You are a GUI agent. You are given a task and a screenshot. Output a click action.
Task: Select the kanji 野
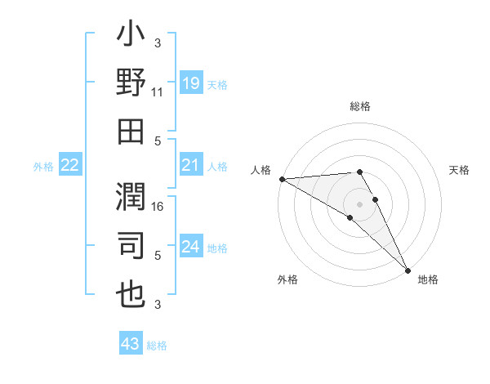tap(131, 83)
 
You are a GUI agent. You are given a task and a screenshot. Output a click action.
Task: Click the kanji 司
tap(131, 245)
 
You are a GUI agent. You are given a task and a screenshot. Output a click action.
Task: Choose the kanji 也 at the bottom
tap(131, 292)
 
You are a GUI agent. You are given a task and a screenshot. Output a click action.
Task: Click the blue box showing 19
tap(190, 83)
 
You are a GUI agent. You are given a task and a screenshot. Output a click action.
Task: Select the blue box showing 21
tap(190, 166)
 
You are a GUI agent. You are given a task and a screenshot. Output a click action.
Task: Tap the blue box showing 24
tap(190, 247)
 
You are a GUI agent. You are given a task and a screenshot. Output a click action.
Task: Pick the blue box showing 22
tap(69, 166)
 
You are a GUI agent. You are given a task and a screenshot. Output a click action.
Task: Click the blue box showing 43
tap(130, 344)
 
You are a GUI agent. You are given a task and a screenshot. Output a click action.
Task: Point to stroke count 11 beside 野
tap(158, 94)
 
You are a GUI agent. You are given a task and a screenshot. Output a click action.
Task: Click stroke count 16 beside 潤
tap(158, 208)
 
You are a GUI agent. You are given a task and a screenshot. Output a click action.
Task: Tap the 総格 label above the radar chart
tap(360, 106)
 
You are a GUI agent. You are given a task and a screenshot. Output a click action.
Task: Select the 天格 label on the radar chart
tap(459, 170)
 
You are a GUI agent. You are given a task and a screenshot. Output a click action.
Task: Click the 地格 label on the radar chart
tap(428, 279)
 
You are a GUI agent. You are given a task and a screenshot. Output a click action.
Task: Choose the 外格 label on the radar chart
tap(287, 279)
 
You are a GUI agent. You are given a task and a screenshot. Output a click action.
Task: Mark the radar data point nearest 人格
tap(282, 179)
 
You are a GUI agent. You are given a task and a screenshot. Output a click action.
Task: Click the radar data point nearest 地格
tap(407, 269)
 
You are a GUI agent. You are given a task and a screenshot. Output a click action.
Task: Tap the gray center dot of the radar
tap(360, 203)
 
